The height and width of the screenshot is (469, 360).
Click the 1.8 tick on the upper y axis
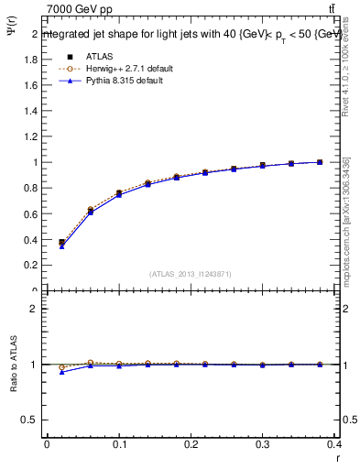(x=32, y=60)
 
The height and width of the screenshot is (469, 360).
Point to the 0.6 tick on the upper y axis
(x=32, y=214)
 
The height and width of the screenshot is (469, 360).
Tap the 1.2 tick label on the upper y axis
(x=32, y=136)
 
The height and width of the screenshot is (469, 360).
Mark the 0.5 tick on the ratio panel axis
(x=31, y=420)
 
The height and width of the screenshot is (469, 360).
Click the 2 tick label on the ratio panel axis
(x=35, y=309)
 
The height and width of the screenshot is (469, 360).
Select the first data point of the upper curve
(x=61, y=243)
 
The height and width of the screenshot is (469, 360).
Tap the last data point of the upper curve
(x=320, y=162)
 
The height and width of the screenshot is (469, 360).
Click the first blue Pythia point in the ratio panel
(x=61, y=372)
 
